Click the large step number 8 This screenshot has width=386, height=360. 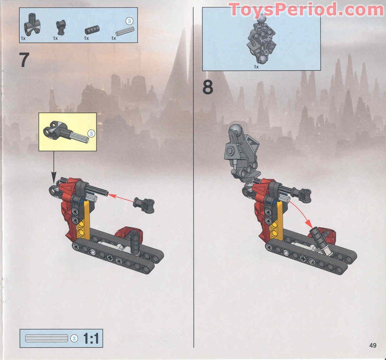coord(208,87)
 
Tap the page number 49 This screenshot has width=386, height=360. coord(372,345)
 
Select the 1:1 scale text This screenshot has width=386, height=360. coord(91,339)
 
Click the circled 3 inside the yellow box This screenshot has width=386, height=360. coord(91,134)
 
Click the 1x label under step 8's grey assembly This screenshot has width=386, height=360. coord(257,67)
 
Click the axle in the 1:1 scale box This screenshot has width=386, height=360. coord(46,338)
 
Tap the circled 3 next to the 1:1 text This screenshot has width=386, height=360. coord(74,338)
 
